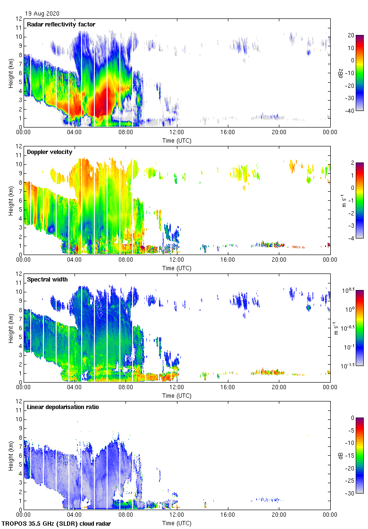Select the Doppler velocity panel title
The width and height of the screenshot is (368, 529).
pyautogui.click(x=50, y=152)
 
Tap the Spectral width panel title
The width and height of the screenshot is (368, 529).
pyautogui.click(x=47, y=280)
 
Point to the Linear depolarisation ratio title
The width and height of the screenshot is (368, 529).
pyautogui.click(x=63, y=407)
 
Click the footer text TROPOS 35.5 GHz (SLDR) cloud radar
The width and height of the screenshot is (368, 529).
pyautogui.click(x=57, y=524)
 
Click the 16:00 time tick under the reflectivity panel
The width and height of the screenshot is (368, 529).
pyautogui.click(x=228, y=133)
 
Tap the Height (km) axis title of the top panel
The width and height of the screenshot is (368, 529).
pyautogui.click(x=11, y=73)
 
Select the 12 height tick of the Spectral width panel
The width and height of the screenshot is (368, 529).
pyautogui.click(x=19, y=274)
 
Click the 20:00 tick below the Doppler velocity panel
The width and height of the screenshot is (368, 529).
pyautogui.click(x=279, y=260)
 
